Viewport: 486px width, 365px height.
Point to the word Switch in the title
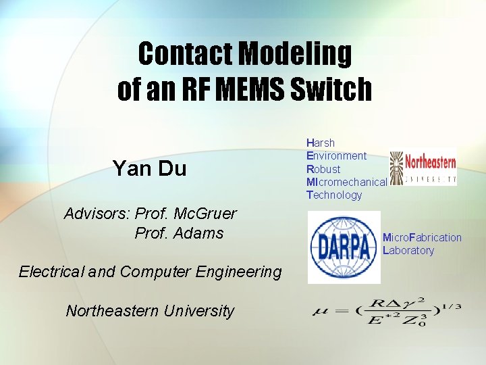tap(331, 89)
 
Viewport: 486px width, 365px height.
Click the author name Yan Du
tap(149, 168)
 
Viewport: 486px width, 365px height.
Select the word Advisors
tap(97, 214)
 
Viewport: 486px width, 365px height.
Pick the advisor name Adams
tap(198, 234)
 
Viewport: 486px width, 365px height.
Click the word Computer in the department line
tap(154, 272)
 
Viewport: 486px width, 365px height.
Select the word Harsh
tap(321, 143)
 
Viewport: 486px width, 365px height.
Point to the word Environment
tap(336, 156)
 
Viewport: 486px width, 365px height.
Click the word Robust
tap(323, 169)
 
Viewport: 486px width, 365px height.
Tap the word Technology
tap(334, 195)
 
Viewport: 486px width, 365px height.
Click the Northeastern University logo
tap(423, 166)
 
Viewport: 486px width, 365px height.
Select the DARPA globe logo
tap(344, 247)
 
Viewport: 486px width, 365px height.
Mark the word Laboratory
tap(408, 251)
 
